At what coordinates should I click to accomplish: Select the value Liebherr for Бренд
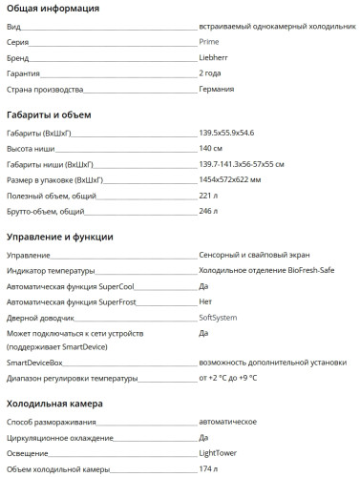214,57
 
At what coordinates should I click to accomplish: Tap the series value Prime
209,43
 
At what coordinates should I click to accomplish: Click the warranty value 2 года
211,73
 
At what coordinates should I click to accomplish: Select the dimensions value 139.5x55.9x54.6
227,135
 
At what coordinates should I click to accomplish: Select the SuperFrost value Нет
205,301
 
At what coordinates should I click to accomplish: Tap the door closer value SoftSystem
218,316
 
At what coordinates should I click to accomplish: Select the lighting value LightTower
219,454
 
